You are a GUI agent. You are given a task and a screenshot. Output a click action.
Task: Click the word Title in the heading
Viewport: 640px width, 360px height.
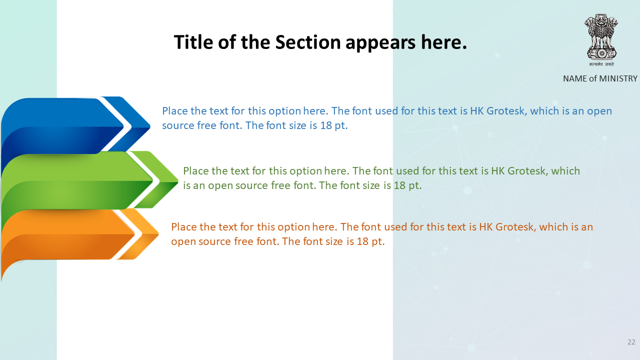pos(193,42)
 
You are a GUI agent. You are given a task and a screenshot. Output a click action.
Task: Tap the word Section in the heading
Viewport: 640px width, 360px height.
pos(308,42)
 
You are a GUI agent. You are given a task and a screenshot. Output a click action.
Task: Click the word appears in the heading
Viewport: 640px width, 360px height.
pos(380,43)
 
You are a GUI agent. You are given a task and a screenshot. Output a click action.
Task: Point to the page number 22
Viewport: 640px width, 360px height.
pos(631,342)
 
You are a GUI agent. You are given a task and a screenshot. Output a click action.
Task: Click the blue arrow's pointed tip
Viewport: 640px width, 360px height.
pos(150,125)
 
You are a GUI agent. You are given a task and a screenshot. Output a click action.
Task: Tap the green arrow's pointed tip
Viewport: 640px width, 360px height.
pos(178,180)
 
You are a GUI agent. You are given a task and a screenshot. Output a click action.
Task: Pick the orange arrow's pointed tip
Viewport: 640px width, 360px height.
pos(158,234)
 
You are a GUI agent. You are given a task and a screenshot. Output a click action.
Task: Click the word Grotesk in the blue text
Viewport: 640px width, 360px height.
pos(506,111)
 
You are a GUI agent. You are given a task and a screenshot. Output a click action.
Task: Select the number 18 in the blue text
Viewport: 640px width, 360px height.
pos(325,125)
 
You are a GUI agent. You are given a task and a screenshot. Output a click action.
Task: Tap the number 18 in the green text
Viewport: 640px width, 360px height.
pos(399,185)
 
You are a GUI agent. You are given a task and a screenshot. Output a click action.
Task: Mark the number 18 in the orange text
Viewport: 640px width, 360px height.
pos(362,241)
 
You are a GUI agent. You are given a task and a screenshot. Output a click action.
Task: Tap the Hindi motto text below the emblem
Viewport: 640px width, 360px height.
pos(601,64)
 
